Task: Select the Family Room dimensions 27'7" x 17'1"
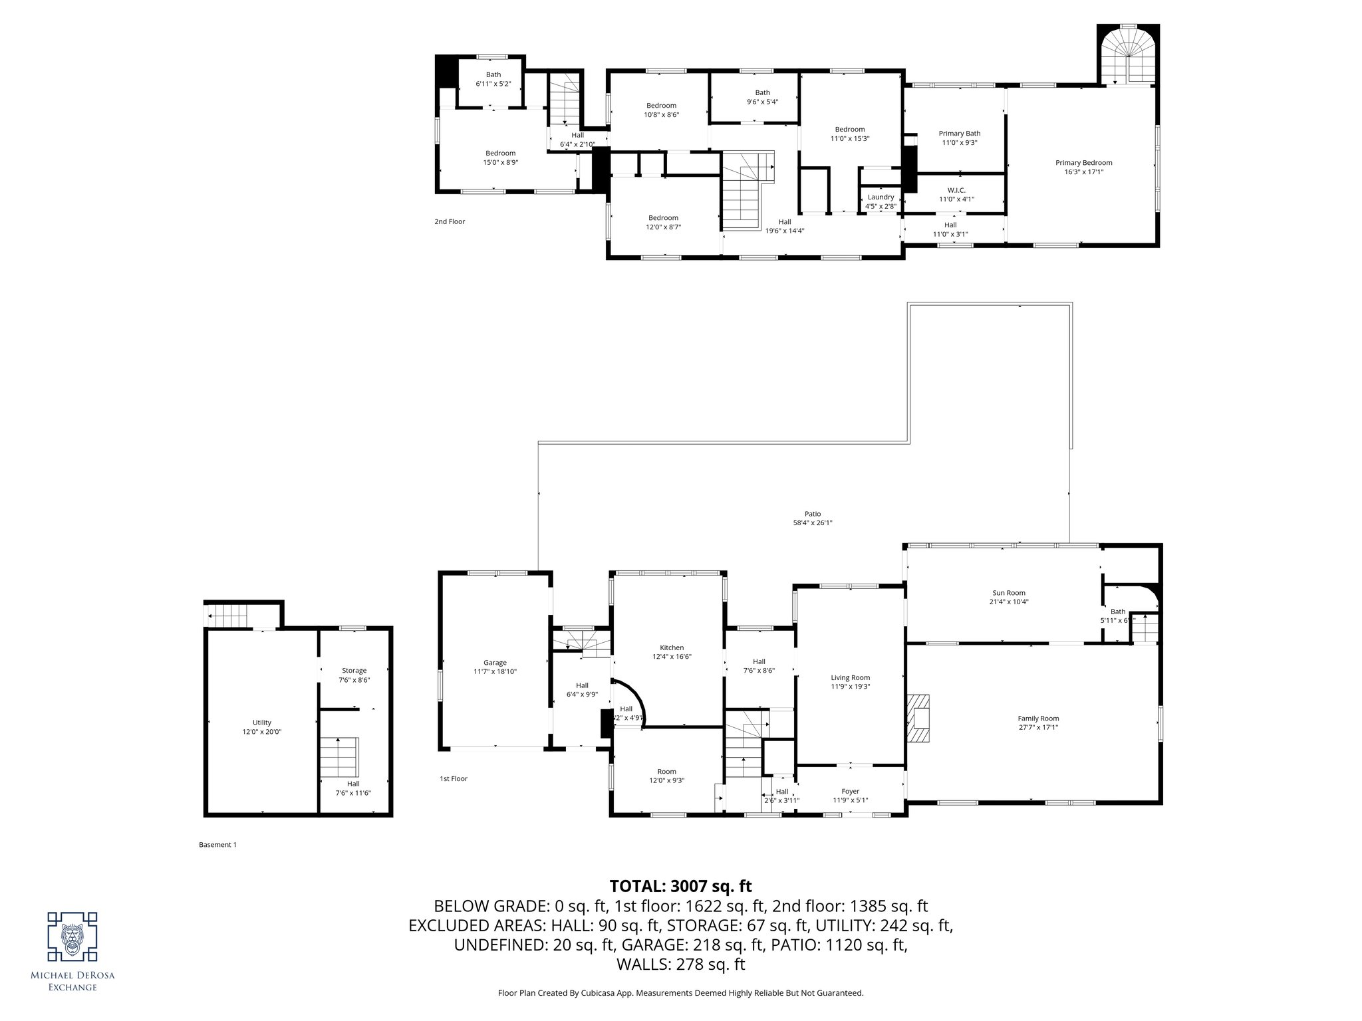(x=1037, y=727)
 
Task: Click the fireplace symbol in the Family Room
(x=918, y=719)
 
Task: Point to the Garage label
(x=495, y=663)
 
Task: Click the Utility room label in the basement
(x=261, y=723)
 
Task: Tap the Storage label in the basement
(x=354, y=671)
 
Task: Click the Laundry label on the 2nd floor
(x=881, y=197)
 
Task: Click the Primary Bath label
(x=959, y=134)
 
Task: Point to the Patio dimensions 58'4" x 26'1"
(x=812, y=523)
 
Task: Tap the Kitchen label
(x=671, y=647)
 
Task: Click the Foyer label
(x=850, y=791)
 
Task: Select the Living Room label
(x=850, y=678)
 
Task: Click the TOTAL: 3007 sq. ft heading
(x=680, y=886)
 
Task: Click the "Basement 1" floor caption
(x=217, y=845)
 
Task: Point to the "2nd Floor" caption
(x=450, y=221)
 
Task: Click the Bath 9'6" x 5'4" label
(x=762, y=93)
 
